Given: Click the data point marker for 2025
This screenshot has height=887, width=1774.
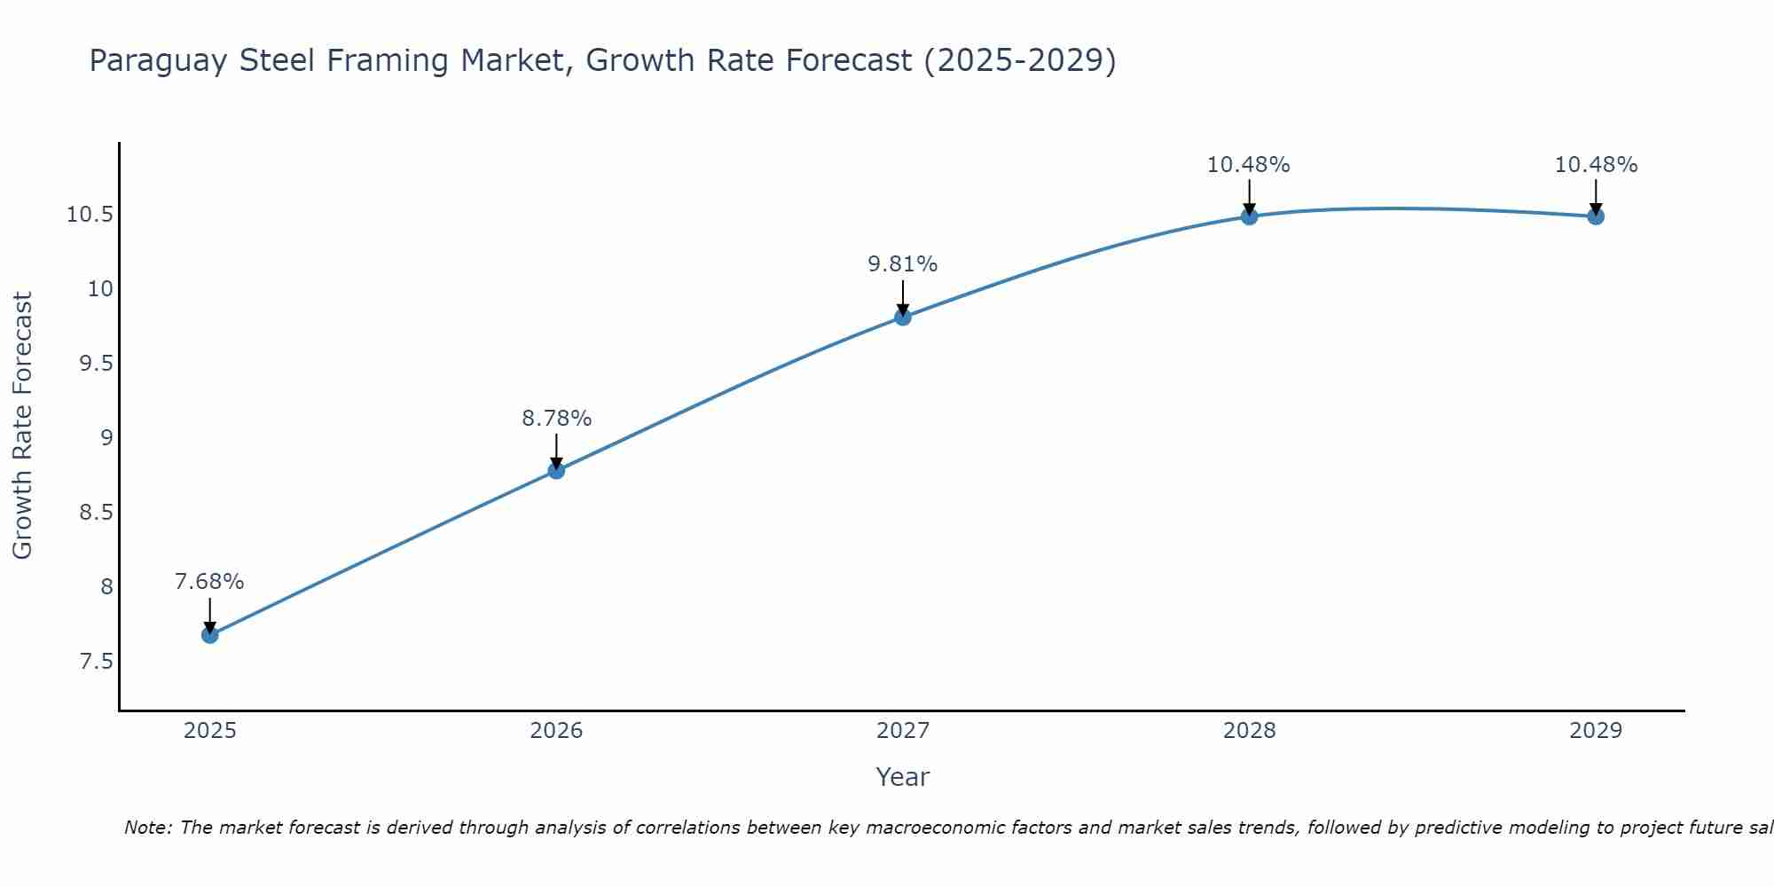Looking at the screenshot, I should coord(210,635).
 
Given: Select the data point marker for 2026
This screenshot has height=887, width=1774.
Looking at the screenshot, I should coord(556,470).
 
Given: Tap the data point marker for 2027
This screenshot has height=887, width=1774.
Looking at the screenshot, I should coord(903,317).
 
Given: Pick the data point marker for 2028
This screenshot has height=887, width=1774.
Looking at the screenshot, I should coord(1249,216).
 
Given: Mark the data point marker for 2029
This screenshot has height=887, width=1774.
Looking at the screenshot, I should coord(1596,216).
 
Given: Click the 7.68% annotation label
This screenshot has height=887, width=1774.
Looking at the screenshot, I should coord(209,582).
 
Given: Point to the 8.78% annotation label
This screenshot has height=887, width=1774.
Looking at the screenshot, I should coord(556,418).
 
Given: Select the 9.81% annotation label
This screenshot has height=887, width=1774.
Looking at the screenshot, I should coord(902,264).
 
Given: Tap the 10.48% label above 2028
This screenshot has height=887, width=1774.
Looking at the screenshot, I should coord(1248,165).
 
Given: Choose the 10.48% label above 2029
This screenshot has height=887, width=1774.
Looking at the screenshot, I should coord(1596,165).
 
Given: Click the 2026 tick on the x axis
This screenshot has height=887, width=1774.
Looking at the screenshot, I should coord(556,731).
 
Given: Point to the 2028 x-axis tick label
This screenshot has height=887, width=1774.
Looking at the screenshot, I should coord(1249,731).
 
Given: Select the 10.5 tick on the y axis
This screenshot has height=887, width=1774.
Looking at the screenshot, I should coord(90,215).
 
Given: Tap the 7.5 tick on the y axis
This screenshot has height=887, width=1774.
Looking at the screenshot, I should coord(97,662).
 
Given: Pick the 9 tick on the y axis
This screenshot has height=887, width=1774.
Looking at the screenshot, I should coord(106,438).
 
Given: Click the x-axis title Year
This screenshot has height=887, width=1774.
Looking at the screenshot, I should coord(902,777).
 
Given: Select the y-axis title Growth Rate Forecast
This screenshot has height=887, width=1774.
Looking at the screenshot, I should coord(22,426).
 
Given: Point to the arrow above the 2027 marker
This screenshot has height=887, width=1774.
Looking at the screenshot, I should coord(903,298).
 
